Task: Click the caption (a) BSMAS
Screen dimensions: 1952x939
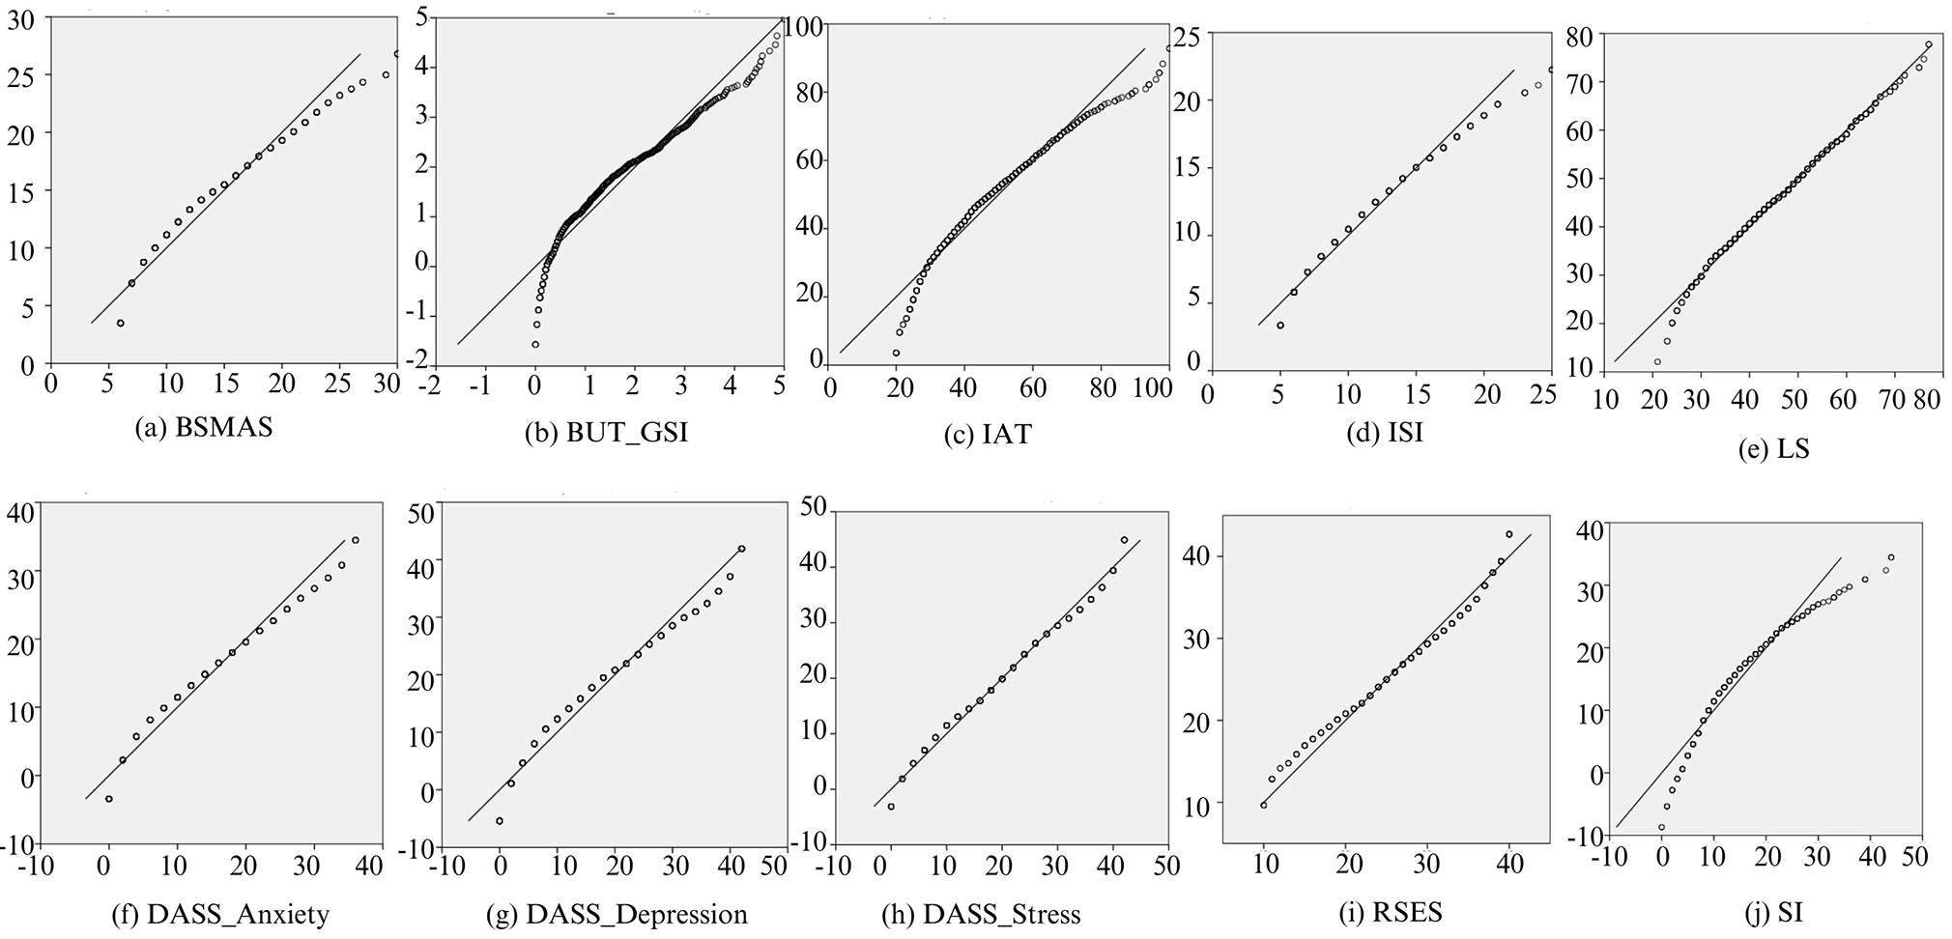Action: [x=204, y=427]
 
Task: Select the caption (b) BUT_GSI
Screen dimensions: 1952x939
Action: [x=607, y=433]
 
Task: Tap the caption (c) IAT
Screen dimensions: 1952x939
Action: [x=988, y=434]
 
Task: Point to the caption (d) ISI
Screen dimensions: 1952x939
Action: [x=1384, y=433]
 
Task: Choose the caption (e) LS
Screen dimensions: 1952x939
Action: [x=1771, y=448]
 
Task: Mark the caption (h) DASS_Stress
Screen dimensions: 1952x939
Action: [x=982, y=913]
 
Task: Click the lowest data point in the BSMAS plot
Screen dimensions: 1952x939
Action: [x=120, y=323]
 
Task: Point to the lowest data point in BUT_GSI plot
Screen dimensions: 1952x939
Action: [x=534, y=344]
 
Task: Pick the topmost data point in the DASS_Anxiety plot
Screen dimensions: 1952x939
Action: [x=355, y=540]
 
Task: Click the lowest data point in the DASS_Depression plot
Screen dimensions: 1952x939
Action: [x=500, y=820]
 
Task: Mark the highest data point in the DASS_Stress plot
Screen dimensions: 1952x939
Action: [x=1124, y=540]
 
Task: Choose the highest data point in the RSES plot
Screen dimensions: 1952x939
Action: [x=1508, y=533]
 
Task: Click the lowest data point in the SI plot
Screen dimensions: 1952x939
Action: [x=1661, y=827]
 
